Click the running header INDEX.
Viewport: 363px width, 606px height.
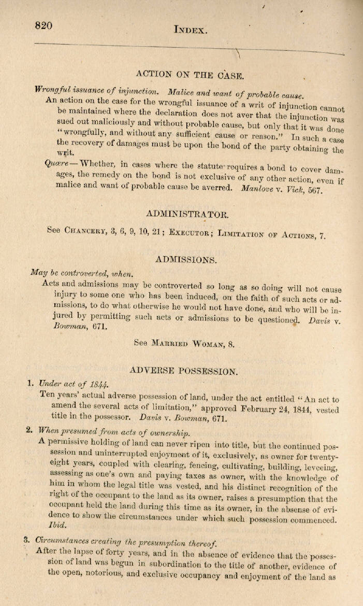tap(191, 30)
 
